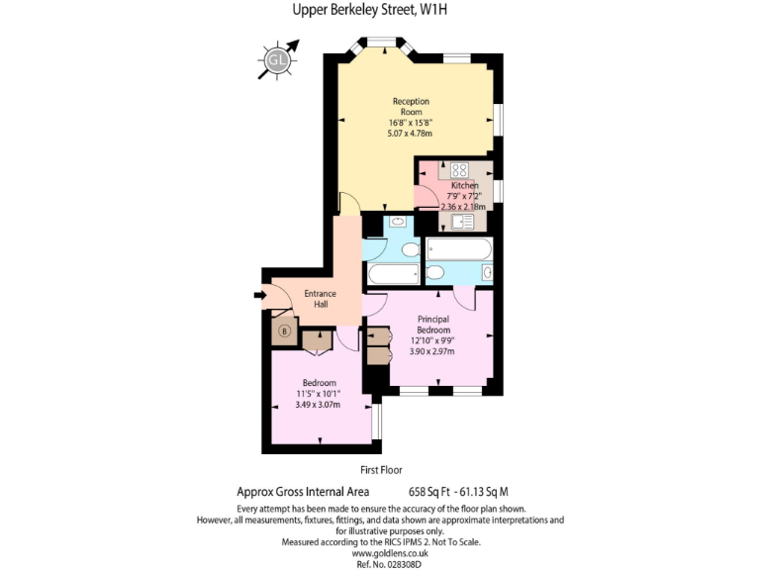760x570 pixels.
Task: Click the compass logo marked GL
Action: tap(276, 60)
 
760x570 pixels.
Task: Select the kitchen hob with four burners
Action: tap(462, 169)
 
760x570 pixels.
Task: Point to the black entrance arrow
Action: tap(260, 295)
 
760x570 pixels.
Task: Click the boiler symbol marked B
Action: tap(285, 332)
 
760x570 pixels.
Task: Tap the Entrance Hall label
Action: tap(320, 299)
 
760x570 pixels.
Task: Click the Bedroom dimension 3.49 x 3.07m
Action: tap(319, 405)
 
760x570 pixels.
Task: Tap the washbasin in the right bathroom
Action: tap(486, 272)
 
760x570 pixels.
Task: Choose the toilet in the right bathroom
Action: tap(435, 273)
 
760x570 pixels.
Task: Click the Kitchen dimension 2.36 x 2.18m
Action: tap(463, 207)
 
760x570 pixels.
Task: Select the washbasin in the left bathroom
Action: tap(396, 222)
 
